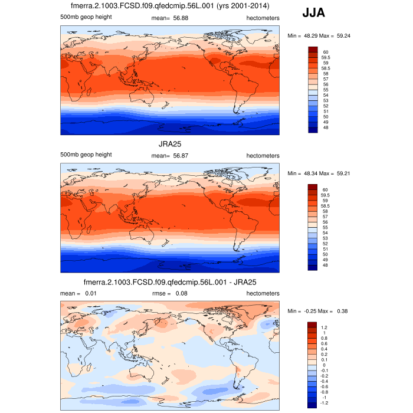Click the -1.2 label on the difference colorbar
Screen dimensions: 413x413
point(326,405)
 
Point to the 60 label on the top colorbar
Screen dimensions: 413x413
point(326,52)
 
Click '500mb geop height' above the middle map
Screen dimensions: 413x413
point(86,155)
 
